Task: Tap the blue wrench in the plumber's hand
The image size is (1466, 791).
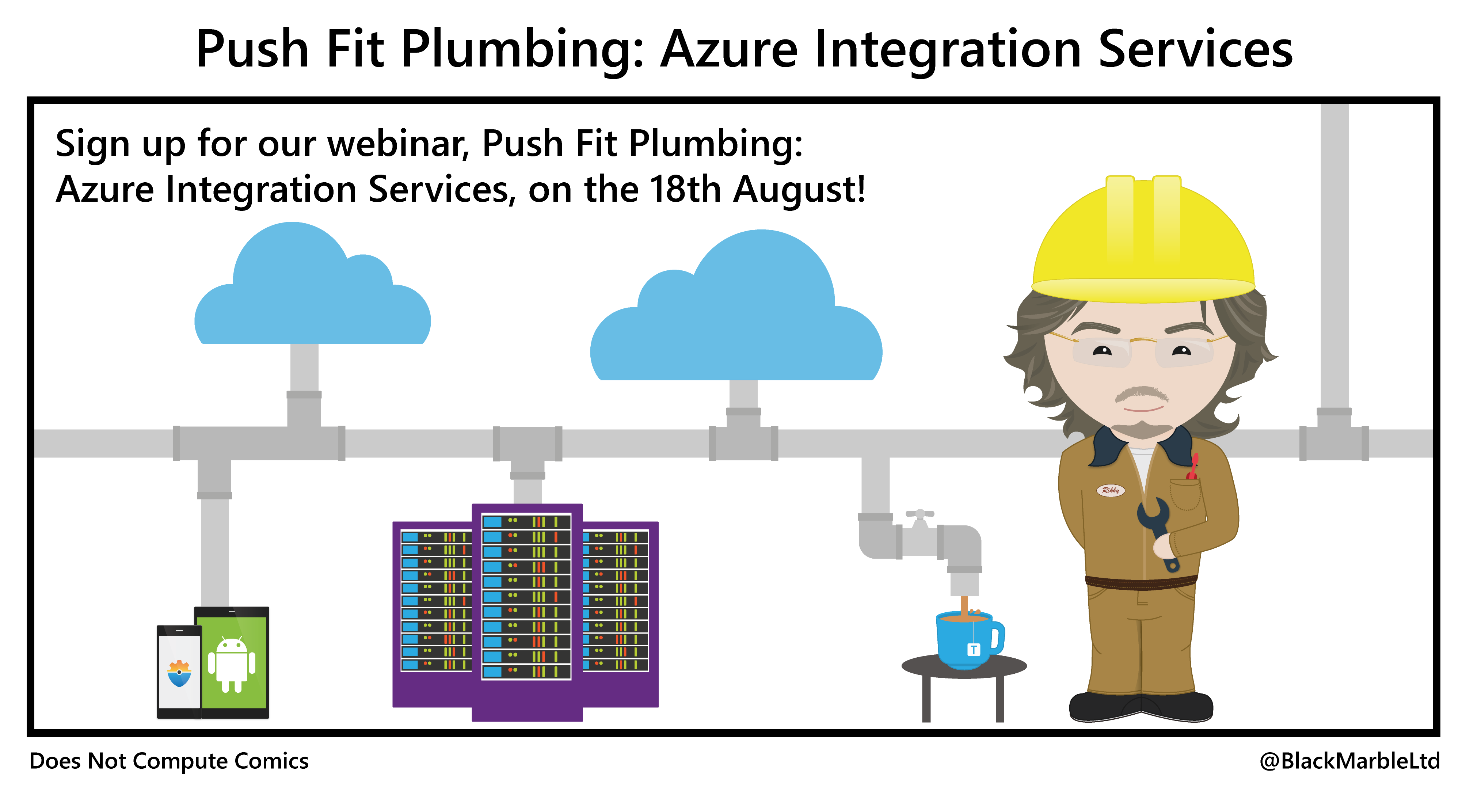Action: [x=1158, y=532]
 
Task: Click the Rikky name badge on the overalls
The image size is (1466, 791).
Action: [x=1110, y=490]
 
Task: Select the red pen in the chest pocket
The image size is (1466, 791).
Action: [x=1192, y=467]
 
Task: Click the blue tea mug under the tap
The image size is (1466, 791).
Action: [x=965, y=640]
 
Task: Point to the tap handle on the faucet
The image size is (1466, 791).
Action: [x=919, y=514]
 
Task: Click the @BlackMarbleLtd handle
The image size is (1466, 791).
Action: [x=1349, y=761]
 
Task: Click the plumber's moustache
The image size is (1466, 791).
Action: [x=1141, y=393]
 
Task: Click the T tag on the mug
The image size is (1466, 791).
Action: [x=973, y=649]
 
